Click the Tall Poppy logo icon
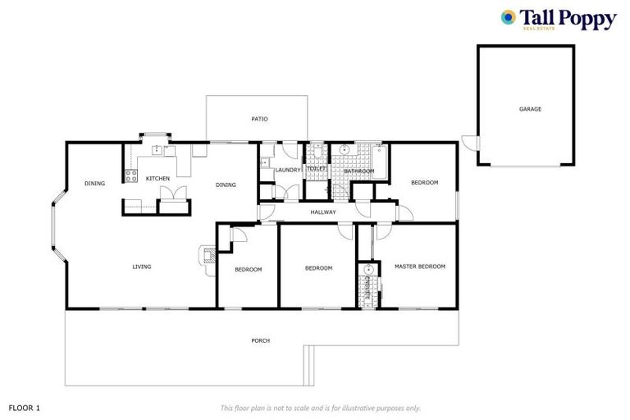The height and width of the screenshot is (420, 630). point(509,17)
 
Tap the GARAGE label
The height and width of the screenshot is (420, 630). point(529,108)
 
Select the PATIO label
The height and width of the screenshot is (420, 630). point(259,119)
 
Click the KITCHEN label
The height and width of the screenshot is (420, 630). point(157,178)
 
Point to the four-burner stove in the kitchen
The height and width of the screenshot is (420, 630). point(130,175)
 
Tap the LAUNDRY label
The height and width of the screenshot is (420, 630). point(288,170)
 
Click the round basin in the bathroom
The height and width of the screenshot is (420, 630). point(345,151)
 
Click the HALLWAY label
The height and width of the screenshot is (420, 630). point(323,212)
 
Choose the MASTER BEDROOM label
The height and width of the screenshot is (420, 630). point(419,267)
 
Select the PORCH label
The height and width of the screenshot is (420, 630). point(261,340)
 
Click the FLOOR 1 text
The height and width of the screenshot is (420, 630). point(24,407)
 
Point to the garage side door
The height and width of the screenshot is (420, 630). point(468,144)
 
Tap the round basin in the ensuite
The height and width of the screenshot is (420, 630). point(369,269)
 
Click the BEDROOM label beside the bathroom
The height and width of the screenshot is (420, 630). point(424,182)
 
